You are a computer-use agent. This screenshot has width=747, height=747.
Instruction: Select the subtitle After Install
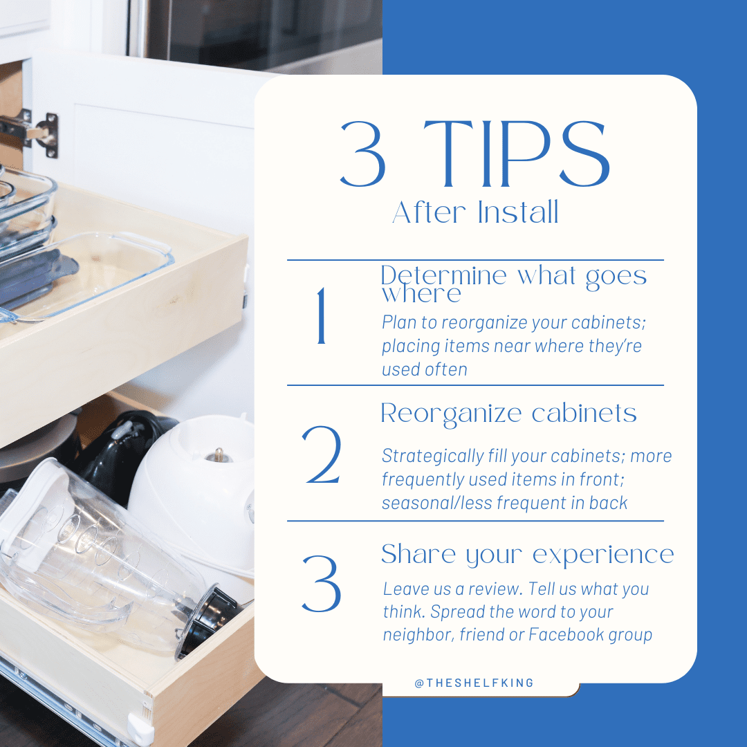pyautogui.click(x=475, y=213)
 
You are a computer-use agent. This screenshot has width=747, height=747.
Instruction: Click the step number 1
pyautogui.click(x=321, y=317)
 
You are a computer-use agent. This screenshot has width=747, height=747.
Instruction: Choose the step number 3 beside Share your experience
pyautogui.click(x=322, y=582)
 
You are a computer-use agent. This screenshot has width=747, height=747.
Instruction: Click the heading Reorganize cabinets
pyautogui.click(x=508, y=414)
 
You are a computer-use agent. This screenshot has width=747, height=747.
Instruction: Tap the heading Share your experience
pyautogui.click(x=527, y=554)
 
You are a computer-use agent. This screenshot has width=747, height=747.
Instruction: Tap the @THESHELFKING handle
pyautogui.click(x=474, y=683)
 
